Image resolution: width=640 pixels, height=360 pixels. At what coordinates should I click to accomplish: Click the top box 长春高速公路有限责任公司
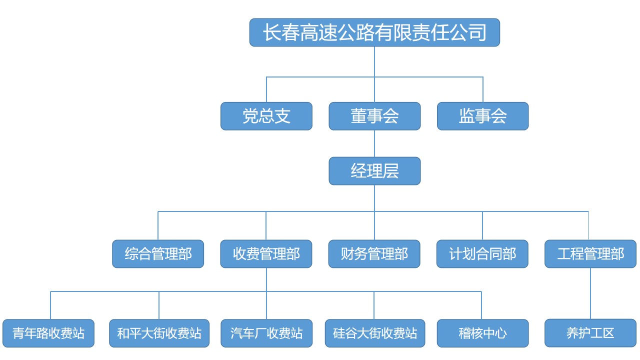pyautogui.click(x=374, y=32)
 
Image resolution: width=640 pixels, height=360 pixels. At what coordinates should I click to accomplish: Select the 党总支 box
pyautogui.click(x=266, y=116)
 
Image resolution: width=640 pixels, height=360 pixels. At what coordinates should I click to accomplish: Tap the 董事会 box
pyautogui.click(x=374, y=116)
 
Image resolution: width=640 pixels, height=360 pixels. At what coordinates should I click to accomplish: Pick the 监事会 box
pyautogui.click(x=482, y=116)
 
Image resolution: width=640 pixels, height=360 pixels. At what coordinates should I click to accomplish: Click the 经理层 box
pyautogui.click(x=374, y=171)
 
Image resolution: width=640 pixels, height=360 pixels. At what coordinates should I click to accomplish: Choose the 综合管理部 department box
pyautogui.click(x=158, y=254)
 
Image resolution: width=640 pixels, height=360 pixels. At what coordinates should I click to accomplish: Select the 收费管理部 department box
pyautogui.click(x=266, y=254)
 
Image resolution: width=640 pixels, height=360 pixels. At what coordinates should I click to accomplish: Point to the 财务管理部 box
pyautogui.click(x=374, y=254)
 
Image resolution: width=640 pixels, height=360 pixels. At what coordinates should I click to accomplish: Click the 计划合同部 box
pyautogui.click(x=482, y=254)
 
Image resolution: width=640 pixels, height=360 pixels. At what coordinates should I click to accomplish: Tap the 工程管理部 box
pyautogui.click(x=590, y=254)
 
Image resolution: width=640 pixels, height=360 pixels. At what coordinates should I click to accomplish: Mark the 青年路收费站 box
pyautogui.click(x=48, y=333)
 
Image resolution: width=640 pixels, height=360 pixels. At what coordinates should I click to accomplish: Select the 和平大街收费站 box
pyautogui.click(x=159, y=333)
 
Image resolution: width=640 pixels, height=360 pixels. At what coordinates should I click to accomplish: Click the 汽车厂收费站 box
pyautogui.click(x=266, y=333)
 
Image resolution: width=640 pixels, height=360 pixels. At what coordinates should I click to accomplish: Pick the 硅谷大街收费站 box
pyautogui.click(x=375, y=333)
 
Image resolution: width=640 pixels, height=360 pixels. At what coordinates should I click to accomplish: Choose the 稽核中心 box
pyautogui.click(x=482, y=333)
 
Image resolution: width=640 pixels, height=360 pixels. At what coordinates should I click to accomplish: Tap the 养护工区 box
pyautogui.click(x=590, y=333)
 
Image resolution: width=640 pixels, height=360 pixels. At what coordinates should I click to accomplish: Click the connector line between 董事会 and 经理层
pyautogui.click(x=374, y=143)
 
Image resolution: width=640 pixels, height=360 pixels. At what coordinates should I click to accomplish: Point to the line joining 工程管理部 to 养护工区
pyautogui.click(x=590, y=293)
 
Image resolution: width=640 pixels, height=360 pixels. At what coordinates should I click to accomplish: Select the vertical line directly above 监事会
pyautogui.click(x=483, y=90)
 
